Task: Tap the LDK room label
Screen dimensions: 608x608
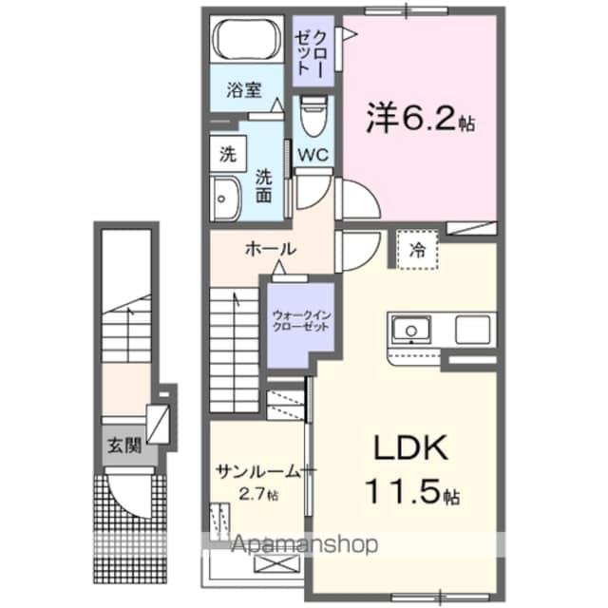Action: pos(400,448)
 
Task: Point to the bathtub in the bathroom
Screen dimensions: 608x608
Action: pos(244,43)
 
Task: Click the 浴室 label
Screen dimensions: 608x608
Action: pos(243,91)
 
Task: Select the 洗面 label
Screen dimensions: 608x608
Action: pos(264,184)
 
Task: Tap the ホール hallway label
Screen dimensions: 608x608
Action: pos(271,249)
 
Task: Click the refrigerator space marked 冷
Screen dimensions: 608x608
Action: pos(418,251)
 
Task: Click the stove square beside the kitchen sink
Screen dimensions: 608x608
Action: pos(473,329)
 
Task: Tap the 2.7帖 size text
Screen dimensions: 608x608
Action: pos(259,494)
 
